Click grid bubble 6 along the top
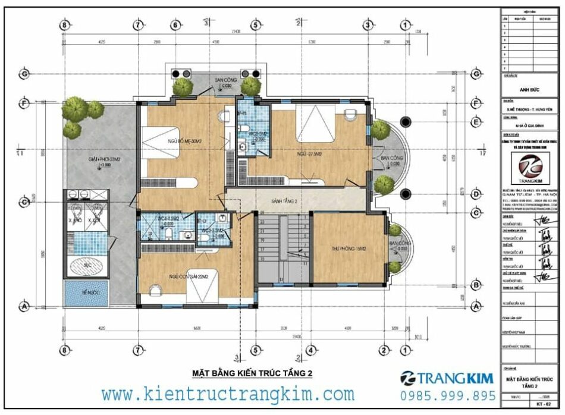tap(175, 25)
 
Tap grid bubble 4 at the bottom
tap(310, 350)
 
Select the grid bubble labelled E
tap(475, 122)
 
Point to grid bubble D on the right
tap(475, 194)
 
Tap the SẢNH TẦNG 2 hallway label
tap(285, 202)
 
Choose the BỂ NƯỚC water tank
tap(86, 294)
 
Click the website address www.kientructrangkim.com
tap(228, 394)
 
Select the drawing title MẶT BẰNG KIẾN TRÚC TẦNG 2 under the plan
tap(252, 373)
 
